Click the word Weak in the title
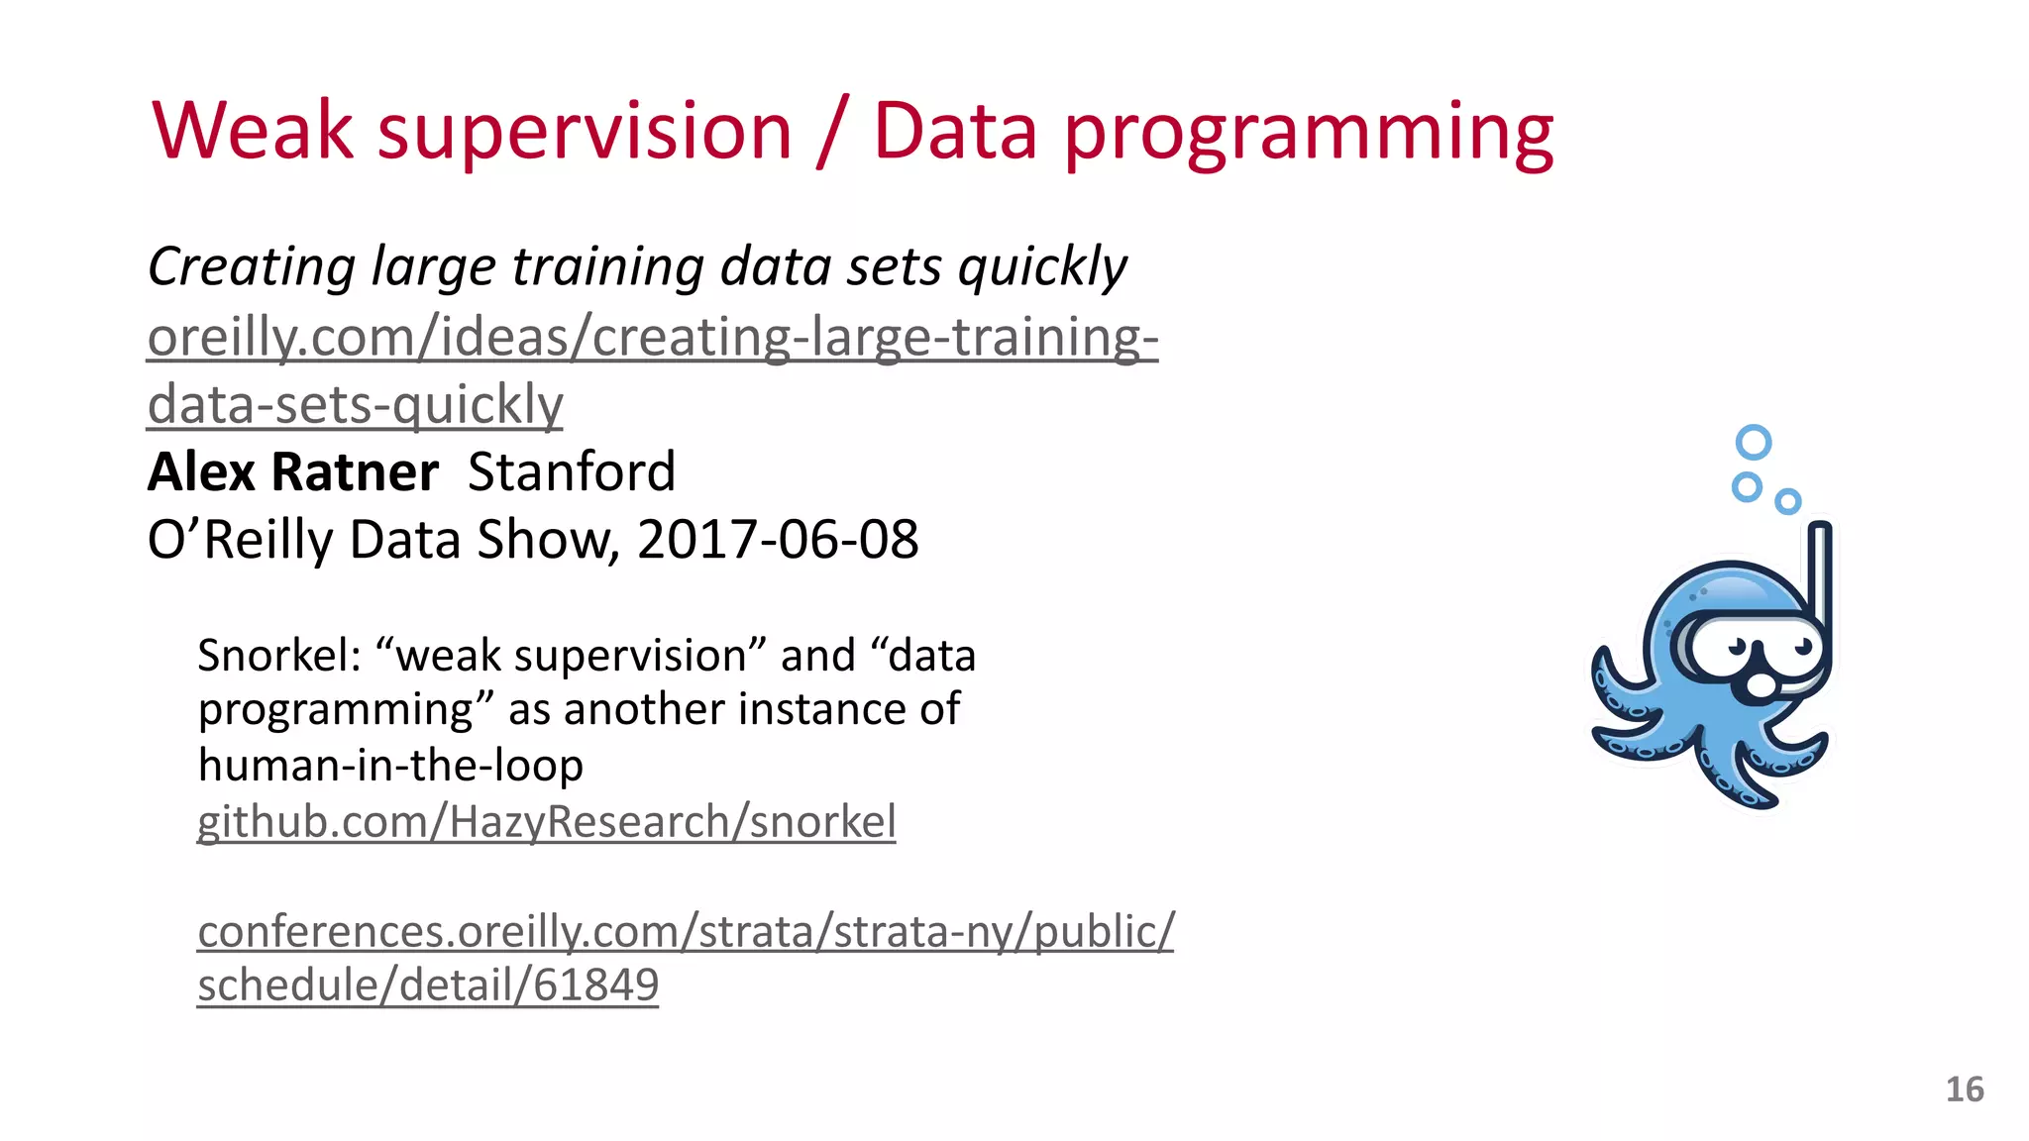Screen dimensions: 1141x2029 click(253, 131)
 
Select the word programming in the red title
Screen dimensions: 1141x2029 click(1308, 134)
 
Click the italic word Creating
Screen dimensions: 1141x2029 click(252, 267)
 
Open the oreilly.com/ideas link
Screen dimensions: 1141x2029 click(652, 338)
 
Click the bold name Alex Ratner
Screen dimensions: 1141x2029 click(292, 471)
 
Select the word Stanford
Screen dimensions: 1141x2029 click(572, 471)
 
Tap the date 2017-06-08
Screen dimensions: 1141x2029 click(778, 540)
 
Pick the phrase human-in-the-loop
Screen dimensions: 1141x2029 click(390, 766)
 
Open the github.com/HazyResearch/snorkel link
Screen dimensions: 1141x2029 click(546, 822)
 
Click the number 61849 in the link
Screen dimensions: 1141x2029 click(596, 985)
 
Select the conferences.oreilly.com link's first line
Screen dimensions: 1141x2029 click(686, 932)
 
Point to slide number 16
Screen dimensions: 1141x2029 click(1964, 1089)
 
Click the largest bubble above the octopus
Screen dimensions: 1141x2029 click(1754, 442)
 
